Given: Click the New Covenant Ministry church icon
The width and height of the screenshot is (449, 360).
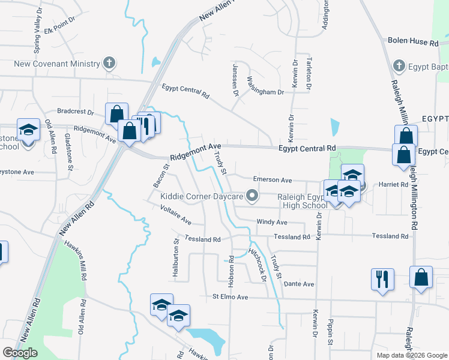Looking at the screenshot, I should click(109, 63).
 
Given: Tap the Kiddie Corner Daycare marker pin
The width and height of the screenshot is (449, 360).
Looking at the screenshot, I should click(253, 196).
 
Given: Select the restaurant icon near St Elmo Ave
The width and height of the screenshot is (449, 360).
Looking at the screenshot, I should click(382, 279).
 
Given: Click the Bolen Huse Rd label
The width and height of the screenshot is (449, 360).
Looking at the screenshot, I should click(414, 43).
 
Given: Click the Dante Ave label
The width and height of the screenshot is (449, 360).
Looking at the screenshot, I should click(300, 284).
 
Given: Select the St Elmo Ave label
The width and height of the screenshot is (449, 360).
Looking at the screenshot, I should click(231, 297).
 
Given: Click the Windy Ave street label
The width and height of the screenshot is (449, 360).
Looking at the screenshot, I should click(271, 222).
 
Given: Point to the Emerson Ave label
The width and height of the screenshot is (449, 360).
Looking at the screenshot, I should click(272, 180).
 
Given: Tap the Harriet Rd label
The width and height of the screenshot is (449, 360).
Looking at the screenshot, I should click(393, 185).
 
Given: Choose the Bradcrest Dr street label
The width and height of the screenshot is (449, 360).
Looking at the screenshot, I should click(76, 112).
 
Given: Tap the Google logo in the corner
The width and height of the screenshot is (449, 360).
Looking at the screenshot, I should click(20, 353).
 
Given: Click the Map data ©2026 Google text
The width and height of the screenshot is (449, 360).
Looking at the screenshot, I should click(411, 355).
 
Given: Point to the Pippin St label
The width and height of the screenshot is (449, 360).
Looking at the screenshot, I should click(330, 332).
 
